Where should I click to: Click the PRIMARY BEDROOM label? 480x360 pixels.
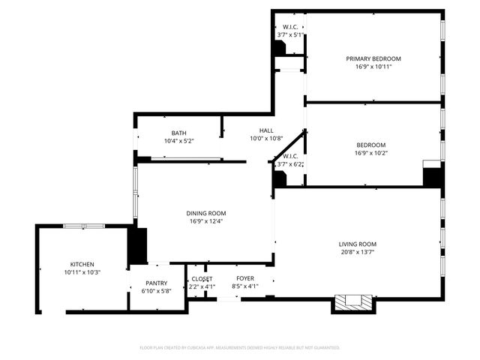[373, 58]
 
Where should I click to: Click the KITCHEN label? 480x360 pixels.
[82, 264]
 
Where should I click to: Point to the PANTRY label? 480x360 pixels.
[157, 283]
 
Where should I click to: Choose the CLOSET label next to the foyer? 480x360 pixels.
[201, 279]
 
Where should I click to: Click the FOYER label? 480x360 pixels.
[245, 279]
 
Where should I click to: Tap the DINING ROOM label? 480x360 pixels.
[206, 213]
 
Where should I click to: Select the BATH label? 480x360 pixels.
[178, 133]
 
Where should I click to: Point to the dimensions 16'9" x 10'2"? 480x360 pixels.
[371, 153]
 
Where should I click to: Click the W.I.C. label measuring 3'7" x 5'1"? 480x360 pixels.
[290, 26]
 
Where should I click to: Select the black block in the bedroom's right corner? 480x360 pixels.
[431, 175]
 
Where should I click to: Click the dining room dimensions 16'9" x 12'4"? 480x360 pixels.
[206, 221]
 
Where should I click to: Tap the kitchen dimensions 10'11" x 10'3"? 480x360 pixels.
[82, 272]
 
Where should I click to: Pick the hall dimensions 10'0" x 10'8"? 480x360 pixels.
[266, 139]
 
